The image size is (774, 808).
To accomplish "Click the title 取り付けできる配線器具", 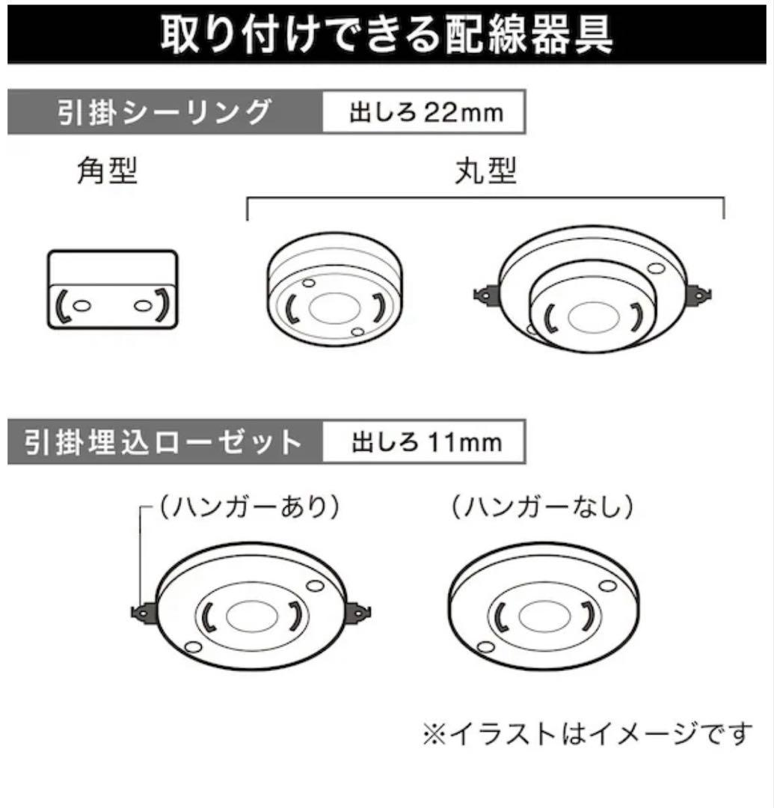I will pyautogui.click(x=387, y=32).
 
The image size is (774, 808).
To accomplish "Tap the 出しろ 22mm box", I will pyautogui.click(x=425, y=113).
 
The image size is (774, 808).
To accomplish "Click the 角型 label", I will pyautogui.click(x=108, y=173).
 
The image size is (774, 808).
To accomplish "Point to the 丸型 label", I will pyautogui.click(x=485, y=173).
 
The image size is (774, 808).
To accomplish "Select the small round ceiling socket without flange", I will pyautogui.click(x=334, y=291).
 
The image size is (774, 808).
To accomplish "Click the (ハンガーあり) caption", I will pyautogui.click(x=248, y=508).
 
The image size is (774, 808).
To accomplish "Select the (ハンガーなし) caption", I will pyautogui.click(x=541, y=508).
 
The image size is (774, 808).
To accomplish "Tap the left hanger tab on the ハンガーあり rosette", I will pyautogui.click(x=142, y=612).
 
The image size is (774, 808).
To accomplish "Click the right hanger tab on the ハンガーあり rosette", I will pyautogui.click(x=359, y=613).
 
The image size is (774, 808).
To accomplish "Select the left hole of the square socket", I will pyautogui.click(x=83, y=305).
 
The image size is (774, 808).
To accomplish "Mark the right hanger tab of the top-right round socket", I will pyautogui.click(x=702, y=293).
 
